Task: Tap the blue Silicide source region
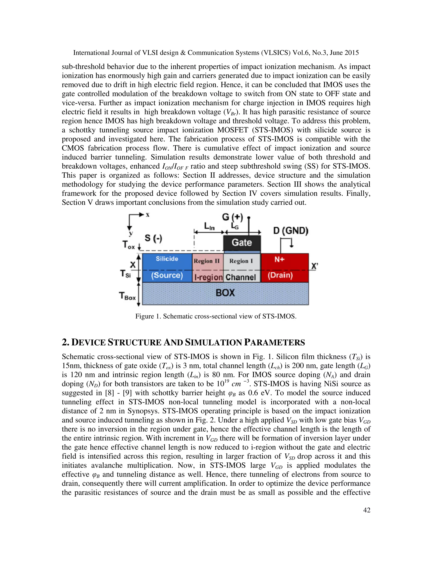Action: [x=167, y=267]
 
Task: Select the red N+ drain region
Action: [x=285, y=267]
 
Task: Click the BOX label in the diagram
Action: [x=225, y=293]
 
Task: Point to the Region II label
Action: [x=207, y=261]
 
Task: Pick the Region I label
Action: [x=241, y=261]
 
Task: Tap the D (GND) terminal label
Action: [x=291, y=230]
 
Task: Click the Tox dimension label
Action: [x=129, y=245]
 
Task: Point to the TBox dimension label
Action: [x=127, y=296]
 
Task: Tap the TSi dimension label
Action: [x=125, y=274]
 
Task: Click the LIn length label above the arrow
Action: [x=209, y=226]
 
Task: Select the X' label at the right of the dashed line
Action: [x=314, y=266]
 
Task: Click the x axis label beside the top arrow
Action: [x=147, y=215]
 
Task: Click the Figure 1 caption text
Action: [x=216, y=316]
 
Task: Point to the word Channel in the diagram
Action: [x=241, y=277]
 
